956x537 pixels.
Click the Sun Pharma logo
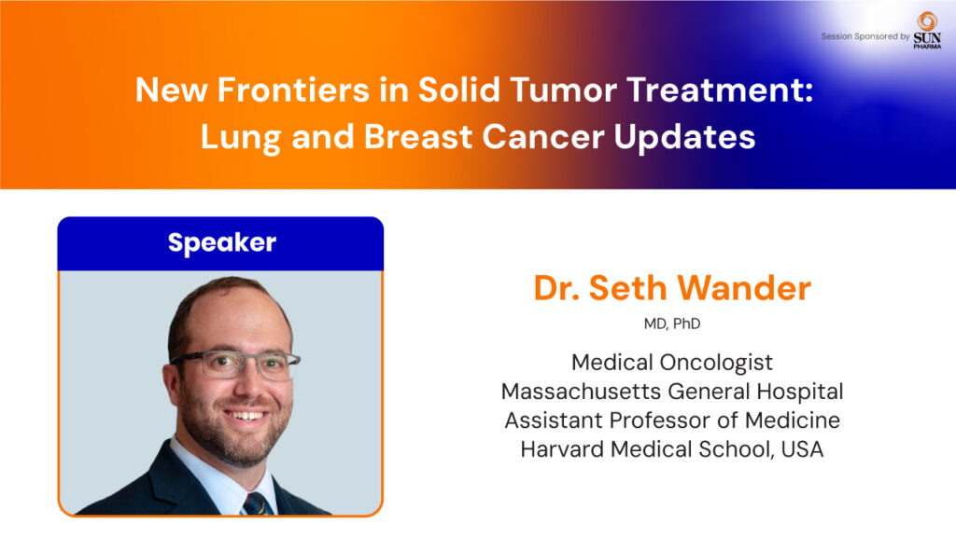pos(927,30)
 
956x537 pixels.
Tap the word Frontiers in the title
pos(293,90)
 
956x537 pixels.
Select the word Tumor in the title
pos(564,90)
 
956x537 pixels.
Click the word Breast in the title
pos(417,136)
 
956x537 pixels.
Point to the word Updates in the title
pos(684,138)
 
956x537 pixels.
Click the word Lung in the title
pos(240,138)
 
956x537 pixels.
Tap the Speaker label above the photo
pos(222,243)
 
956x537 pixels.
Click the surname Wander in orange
pos(744,288)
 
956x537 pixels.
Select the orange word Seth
pos(627,288)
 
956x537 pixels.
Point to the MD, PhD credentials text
pos(672,324)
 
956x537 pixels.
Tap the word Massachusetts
pos(581,392)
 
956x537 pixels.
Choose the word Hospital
pos(800,392)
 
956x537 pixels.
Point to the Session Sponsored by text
pos(865,36)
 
